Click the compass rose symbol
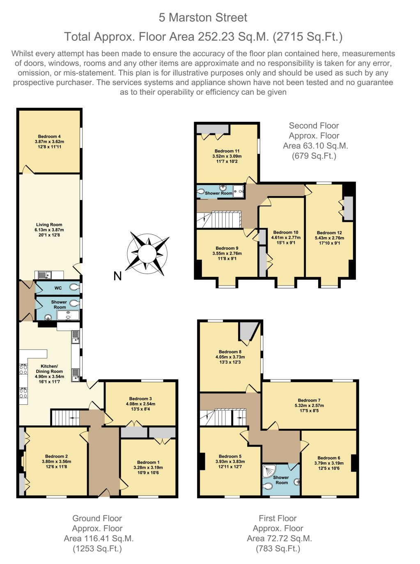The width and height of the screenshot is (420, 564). click(x=147, y=253)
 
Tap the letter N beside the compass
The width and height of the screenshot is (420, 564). click(x=118, y=276)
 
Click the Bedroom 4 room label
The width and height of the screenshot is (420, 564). click(x=49, y=137)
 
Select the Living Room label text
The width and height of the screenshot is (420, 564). click(x=49, y=225)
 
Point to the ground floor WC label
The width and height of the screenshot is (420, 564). click(x=58, y=288)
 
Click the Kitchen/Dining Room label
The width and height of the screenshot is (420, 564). click(x=49, y=369)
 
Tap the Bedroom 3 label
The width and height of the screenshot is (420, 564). click(x=140, y=399)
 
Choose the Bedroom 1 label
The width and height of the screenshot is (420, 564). click(x=148, y=462)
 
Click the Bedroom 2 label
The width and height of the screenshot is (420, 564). click(x=57, y=456)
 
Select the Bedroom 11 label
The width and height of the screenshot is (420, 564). click(x=227, y=151)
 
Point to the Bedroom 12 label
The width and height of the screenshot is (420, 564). click(x=329, y=233)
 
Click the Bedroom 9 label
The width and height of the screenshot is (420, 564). click(x=227, y=248)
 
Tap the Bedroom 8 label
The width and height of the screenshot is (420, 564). click(x=230, y=352)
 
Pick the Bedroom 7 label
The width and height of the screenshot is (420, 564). click(x=309, y=400)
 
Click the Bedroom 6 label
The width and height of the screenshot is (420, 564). click(x=329, y=458)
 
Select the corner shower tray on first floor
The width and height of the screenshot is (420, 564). click(x=269, y=470)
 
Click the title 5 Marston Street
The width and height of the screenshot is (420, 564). click(x=203, y=18)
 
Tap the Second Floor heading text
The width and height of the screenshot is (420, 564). click(x=314, y=126)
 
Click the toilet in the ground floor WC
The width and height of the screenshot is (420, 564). click(x=74, y=288)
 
